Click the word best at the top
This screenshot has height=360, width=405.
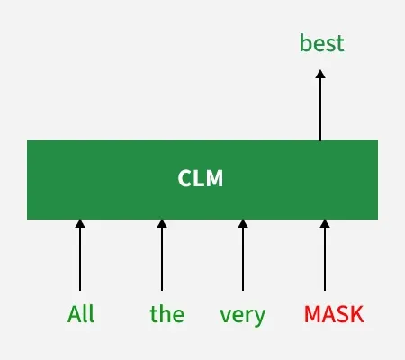[x=321, y=43]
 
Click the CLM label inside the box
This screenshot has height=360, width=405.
[x=200, y=179]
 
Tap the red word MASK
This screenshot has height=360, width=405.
[x=334, y=315]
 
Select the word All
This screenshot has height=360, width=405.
[x=80, y=315]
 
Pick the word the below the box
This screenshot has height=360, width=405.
[x=166, y=315]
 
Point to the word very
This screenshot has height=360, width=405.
[x=243, y=315]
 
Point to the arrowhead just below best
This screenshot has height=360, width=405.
[x=320, y=75]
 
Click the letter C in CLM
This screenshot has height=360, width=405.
[x=184, y=179]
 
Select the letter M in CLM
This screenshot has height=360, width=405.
[x=214, y=179]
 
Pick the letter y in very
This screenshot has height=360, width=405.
[x=260, y=317]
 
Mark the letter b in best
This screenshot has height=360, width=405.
[x=304, y=43]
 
